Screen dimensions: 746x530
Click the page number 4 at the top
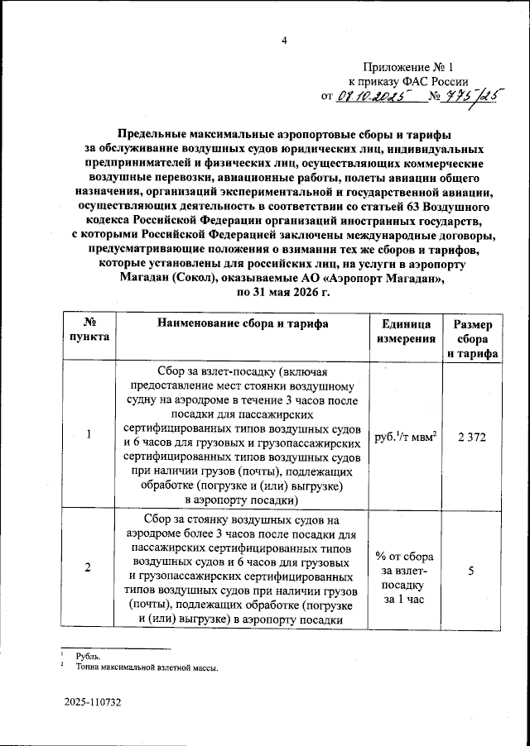click(x=283, y=41)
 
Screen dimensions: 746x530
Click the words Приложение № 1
click(x=409, y=66)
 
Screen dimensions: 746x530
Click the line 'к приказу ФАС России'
click(x=407, y=81)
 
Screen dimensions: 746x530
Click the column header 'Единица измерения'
click(x=402, y=331)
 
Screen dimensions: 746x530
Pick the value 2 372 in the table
click(x=470, y=436)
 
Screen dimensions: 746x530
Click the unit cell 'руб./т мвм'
click(x=406, y=436)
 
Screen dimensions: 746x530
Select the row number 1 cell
click(x=89, y=436)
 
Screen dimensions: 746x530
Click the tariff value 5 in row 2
click(x=470, y=569)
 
